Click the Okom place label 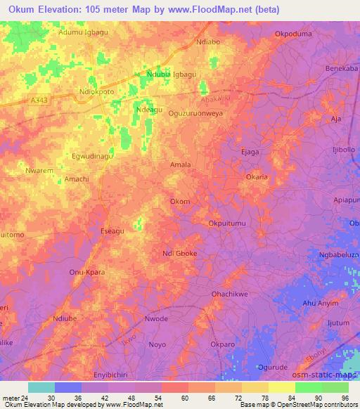point(180,202)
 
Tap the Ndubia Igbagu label point(172,74)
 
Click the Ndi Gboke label point(179,254)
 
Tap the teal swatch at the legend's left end point(41,387)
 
